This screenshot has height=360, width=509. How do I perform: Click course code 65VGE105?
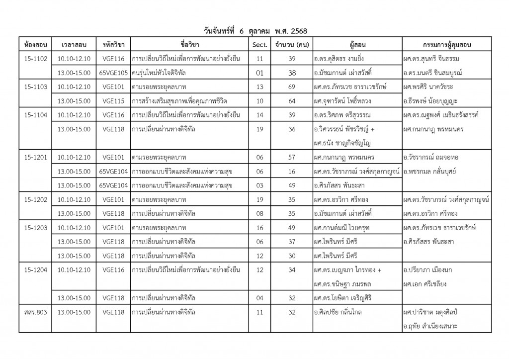coord(114,73)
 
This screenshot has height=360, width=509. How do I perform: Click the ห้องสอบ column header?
coord(35,45)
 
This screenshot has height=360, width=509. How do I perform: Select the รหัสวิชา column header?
coord(114,45)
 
